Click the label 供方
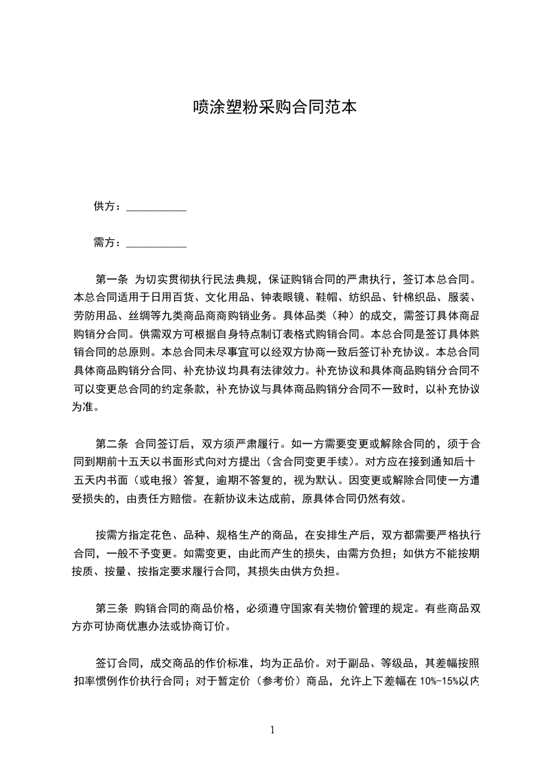tap(104, 206)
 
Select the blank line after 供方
tap(157, 208)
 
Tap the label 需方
tap(104, 243)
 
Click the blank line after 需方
tap(157, 245)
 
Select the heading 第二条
tap(111, 442)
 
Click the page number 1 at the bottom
tap(272, 729)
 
